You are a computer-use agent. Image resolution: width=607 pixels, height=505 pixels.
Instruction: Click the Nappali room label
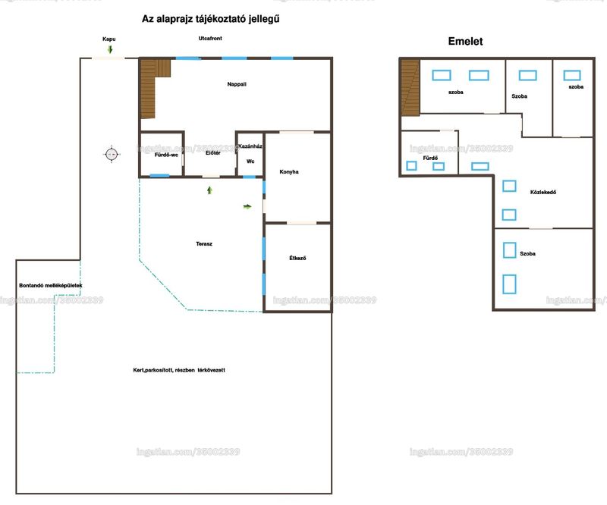[x=237, y=84]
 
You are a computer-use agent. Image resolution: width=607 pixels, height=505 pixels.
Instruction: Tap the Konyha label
[x=289, y=172]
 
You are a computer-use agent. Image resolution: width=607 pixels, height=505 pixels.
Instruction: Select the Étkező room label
[x=297, y=258]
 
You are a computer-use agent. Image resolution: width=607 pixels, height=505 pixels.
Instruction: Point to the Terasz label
[x=204, y=244]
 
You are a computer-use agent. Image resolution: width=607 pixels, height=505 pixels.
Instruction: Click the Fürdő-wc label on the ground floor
[x=166, y=155]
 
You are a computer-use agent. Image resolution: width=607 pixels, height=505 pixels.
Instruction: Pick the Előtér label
[x=213, y=153]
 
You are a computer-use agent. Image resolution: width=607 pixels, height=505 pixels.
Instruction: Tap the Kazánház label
[x=250, y=146]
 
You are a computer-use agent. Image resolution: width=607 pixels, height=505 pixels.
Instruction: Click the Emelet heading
[x=465, y=42]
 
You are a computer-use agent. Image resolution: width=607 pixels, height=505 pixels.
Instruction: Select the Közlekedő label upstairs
[x=543, y=192]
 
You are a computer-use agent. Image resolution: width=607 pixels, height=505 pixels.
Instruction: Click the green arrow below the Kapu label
[x=110, y=49]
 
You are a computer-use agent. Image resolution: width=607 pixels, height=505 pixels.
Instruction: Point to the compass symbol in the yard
[x=112, y=154]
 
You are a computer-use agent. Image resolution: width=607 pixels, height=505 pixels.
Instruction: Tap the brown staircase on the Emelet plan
[x=410, y=87]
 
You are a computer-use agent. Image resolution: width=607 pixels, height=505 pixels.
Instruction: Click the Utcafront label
[x=210, y=39]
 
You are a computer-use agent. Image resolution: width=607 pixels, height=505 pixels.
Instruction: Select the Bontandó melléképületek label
[x=51, y=286]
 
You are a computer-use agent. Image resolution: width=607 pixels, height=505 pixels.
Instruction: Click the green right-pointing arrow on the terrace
[x=247, y=206]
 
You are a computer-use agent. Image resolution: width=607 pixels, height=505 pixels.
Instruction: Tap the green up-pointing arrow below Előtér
[x=210, y=190]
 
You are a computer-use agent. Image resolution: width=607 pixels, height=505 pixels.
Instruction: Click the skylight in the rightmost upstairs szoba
[x=572, y=75]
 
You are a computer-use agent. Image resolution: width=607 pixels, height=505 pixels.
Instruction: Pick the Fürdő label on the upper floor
[x=430, y=158]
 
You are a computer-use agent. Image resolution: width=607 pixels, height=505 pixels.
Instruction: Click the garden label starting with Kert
[x=179, y=370]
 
